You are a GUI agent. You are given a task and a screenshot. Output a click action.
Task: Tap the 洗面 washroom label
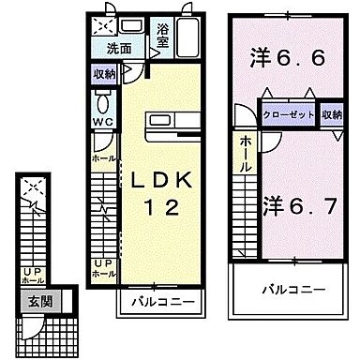pyautogui.click(x=119, y=49)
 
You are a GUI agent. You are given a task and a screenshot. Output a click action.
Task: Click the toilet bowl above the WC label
pyautogui.click(x=103, y=102)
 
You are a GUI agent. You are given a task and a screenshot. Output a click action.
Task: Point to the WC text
pyautogui.click(x=102, y=121)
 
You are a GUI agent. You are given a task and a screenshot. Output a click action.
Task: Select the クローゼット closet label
pyautogui.click(x=290, y=113)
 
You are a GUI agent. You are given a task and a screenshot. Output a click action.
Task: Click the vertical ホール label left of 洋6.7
pyautogui.click(x=245, y=153)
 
